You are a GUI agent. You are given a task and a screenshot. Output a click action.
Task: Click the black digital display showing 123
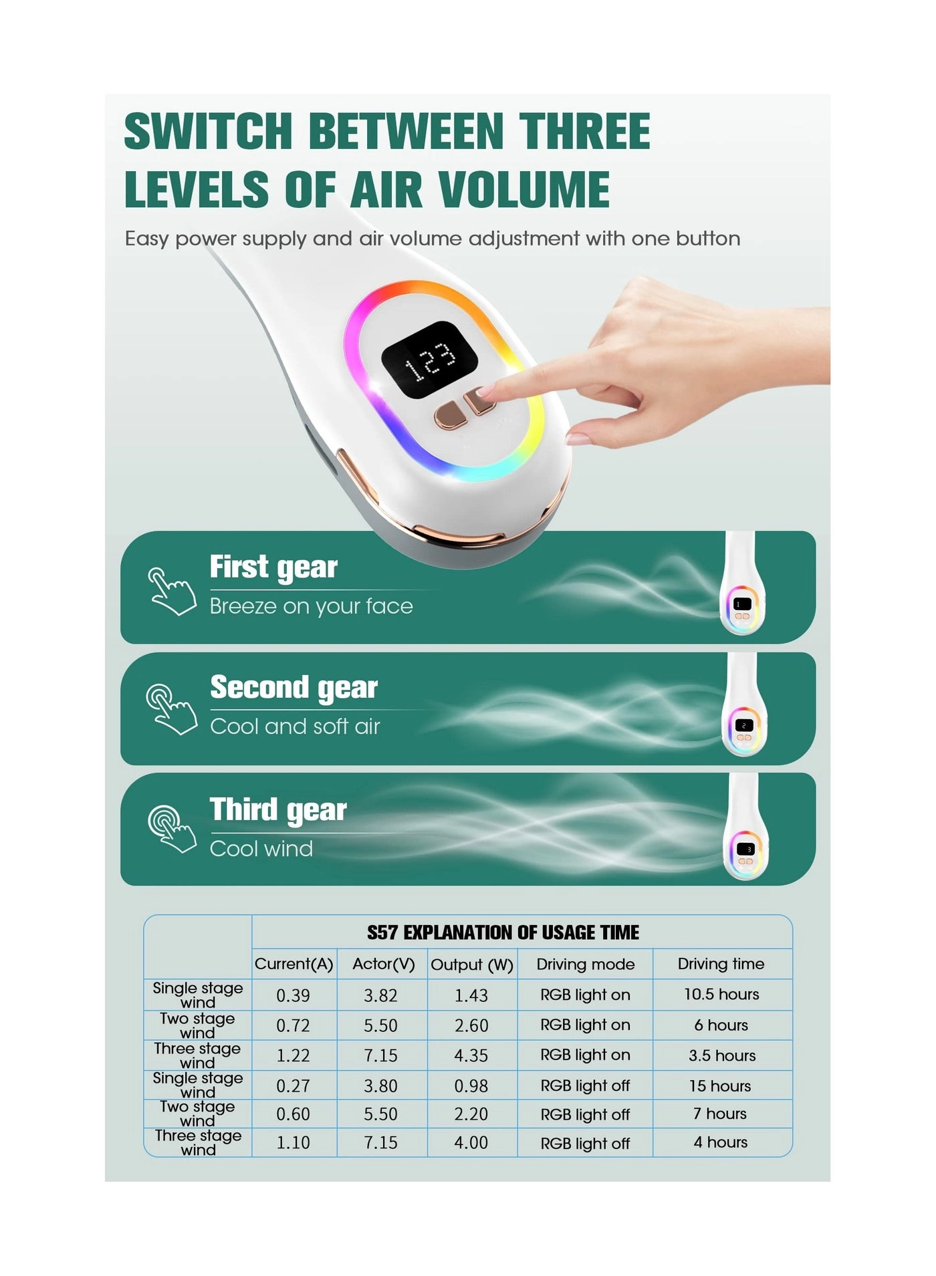click(429, 361)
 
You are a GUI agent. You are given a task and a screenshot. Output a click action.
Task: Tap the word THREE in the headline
click(584, 131)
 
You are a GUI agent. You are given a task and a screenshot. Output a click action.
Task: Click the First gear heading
click(273, 567)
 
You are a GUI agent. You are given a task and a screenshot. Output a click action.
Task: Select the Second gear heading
click(294, 688)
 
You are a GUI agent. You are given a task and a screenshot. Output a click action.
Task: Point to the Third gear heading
click(278, 809)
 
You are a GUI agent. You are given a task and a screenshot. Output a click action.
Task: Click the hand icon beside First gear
click(172, 591)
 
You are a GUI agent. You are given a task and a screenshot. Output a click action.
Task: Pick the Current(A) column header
click(294, 964)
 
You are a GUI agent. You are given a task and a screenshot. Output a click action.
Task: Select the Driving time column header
click(721, 964)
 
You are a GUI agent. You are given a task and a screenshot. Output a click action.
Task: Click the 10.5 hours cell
click(721, 995)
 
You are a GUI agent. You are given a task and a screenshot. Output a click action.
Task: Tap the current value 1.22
click(294, 1055)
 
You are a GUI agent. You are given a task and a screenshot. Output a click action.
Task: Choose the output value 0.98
click(471, 1086)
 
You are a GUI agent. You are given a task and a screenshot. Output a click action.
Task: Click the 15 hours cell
click(720, 1086)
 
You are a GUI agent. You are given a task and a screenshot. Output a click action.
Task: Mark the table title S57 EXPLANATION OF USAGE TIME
click(503, 932)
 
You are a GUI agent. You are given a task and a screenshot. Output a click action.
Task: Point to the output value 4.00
click(471, 1143)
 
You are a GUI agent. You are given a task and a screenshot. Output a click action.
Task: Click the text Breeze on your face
click(311, 606)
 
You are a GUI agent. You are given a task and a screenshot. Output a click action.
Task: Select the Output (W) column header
click(472, 965)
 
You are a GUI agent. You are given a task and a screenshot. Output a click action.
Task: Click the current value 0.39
click(294, 995)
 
